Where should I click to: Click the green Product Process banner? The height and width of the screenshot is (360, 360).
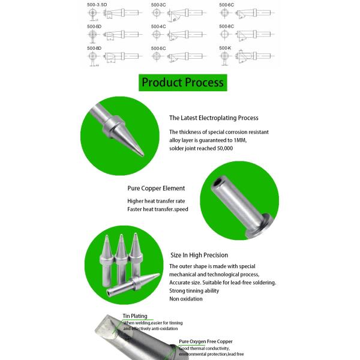pos(182,82)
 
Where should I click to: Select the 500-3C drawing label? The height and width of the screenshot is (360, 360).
pos(158,4)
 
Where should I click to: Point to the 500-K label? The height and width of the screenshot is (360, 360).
pos(225,47)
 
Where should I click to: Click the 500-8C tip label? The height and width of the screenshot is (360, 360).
pos(226,26)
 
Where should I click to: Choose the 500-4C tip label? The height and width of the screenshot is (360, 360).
pos(158,26)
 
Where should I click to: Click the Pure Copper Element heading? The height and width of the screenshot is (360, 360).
pos(156,188)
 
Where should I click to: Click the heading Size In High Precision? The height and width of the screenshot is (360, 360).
pos(199,255)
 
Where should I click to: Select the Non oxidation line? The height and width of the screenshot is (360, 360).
pos(185,298)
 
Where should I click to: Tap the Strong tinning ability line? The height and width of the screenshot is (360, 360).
pos(194,290)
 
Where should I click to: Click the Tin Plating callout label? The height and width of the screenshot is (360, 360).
pos(134,316)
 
